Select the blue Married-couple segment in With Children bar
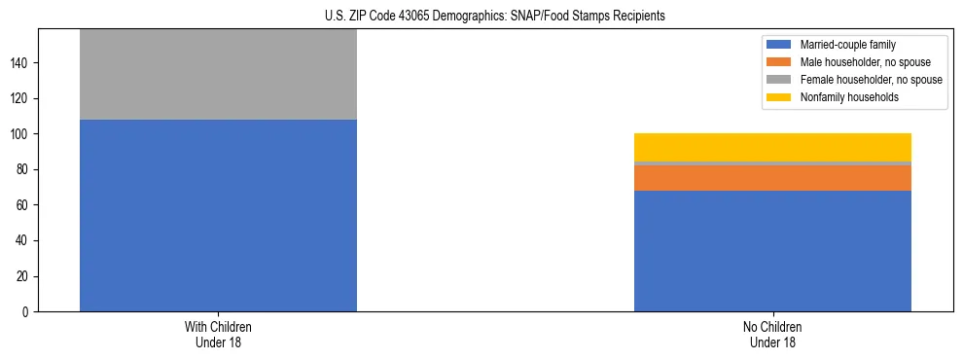coord(218,215)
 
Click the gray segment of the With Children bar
coord(218,74)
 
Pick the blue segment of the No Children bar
coord(772,251)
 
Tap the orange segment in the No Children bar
coord(772,178)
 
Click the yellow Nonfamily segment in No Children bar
coord(772,147)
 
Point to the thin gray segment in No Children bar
coord(772,163)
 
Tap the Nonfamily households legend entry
coord(842,97)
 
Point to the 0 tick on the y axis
coord(27,312)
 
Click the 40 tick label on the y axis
coord(24,241)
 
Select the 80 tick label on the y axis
coord(24,170)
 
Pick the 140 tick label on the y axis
coord(21,63)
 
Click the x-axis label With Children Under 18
coord(218,334)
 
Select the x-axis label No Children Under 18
coord(772,334)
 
